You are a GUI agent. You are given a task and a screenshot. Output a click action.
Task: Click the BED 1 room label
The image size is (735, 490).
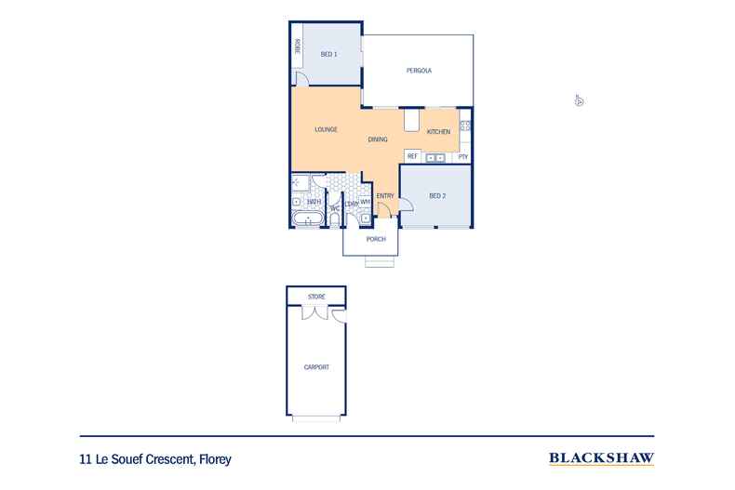click(328, 55)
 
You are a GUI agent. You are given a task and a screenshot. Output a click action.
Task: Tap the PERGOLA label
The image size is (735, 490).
click(419, 72)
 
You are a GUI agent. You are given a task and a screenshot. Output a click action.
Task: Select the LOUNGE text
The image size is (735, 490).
click(326, 129)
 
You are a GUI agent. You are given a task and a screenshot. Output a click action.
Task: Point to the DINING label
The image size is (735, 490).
click(377, 139)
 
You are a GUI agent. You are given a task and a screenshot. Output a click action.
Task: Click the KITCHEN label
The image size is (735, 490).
click(438, 132)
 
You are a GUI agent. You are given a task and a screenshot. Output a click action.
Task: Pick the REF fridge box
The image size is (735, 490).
click(412, 156)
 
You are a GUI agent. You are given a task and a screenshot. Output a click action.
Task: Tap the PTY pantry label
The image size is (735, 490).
click(462, 156)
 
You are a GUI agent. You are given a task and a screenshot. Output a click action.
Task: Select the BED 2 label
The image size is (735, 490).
click(438, 196)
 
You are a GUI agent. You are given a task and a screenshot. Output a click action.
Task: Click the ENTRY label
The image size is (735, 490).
click(385, 195)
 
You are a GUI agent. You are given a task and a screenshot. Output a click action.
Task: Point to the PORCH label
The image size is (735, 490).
click(376, 239)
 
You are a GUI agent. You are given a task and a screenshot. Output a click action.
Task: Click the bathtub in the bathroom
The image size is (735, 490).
click(307, 219)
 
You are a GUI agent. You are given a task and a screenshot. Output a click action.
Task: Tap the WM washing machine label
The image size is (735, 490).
click(365, 201)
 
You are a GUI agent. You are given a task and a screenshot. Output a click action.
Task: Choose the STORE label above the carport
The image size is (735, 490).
click(316, 297)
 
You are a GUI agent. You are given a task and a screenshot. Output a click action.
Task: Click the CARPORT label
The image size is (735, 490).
click(316, 367)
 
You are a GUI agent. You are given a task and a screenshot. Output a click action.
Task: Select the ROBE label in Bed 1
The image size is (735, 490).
click(297, 46)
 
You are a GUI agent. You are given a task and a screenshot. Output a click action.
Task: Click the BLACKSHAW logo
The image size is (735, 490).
click(602, 457)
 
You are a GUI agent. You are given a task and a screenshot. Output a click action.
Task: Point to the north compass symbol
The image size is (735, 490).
click(578, 100)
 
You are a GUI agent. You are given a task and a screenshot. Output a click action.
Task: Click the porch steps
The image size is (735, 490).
click(378, 261)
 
